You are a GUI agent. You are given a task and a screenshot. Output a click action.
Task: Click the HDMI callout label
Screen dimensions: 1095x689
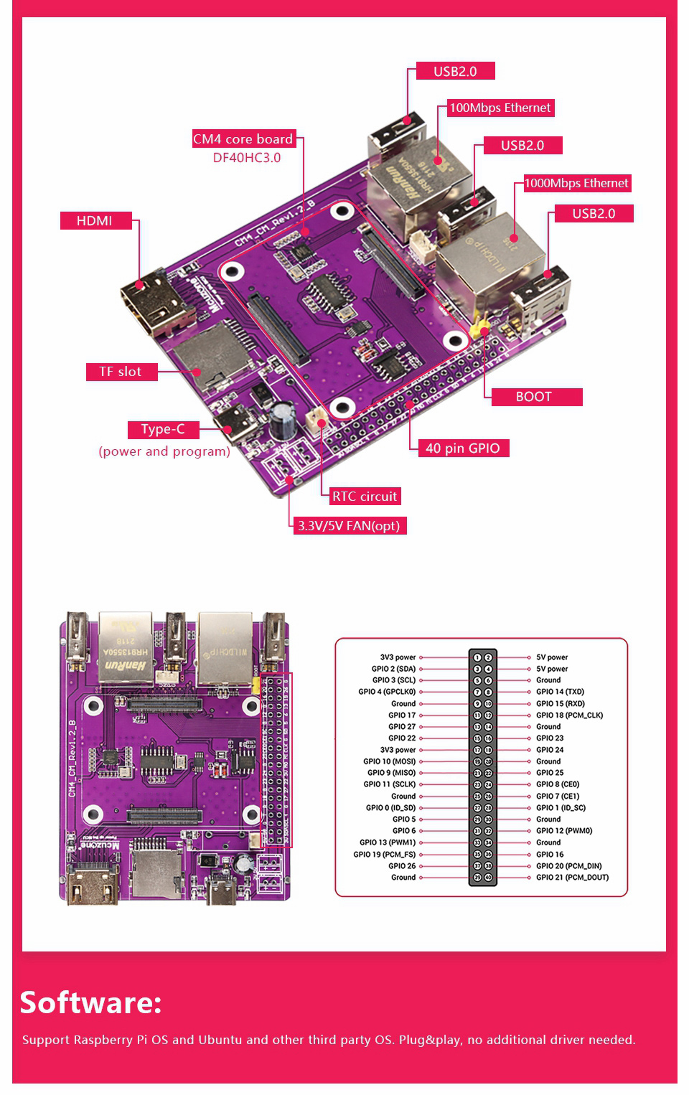tap(95, 220)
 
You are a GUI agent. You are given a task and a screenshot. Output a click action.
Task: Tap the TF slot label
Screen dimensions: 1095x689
tap(121, 372)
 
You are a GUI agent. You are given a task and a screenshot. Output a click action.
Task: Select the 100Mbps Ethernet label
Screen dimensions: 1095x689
tap(500, 108)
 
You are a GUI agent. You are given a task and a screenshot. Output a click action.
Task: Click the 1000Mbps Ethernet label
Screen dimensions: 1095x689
tap(576, 183)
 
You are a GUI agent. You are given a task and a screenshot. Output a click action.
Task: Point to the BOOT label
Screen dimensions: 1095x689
tap(534, 397)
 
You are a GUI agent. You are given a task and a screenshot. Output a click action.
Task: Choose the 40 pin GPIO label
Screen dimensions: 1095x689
tap(462, 448)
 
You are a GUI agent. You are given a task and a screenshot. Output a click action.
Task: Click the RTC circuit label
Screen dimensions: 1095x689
tap(365, 497)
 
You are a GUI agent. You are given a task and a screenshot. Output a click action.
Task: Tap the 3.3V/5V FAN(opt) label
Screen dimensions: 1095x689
tap(349, 526)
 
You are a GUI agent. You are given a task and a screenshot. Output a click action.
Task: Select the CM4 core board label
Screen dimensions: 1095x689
tap(243, 139)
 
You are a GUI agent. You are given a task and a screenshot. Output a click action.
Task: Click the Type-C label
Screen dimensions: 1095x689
tap(163, 429)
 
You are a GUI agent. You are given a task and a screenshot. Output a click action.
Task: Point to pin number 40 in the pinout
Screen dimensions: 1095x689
tap(488, 878)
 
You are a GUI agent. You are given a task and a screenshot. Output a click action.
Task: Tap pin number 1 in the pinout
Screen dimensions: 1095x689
tap(477, 657)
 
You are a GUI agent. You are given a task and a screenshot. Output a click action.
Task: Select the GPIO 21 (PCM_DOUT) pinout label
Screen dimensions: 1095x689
tap(572, 878)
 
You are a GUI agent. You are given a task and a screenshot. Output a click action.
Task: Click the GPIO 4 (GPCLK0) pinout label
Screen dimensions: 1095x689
tap(387, 692)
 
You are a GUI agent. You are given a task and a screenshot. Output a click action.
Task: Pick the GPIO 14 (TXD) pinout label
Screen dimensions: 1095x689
tap(560, 692)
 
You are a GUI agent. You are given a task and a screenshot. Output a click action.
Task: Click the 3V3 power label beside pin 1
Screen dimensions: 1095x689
tap(398, 657)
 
